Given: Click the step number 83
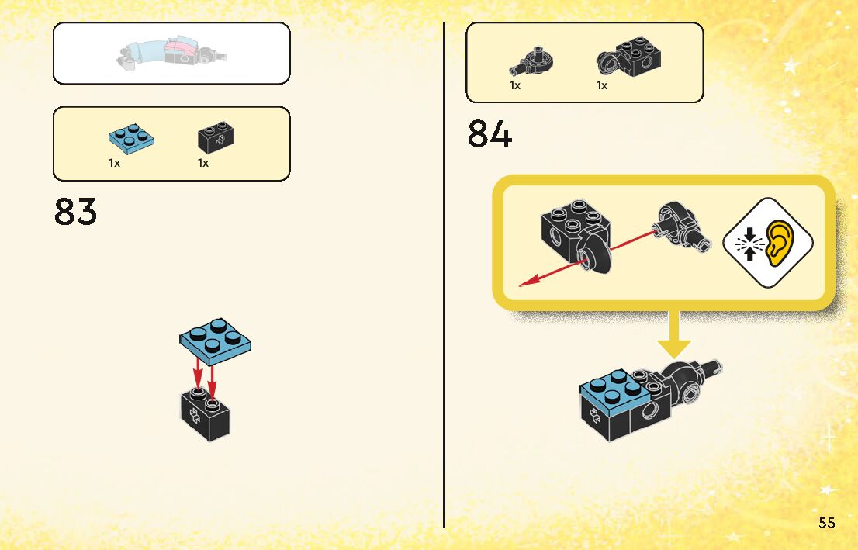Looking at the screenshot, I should point(76,211).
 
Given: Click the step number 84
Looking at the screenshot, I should point(490,134).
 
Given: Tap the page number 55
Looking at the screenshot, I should point(826,523).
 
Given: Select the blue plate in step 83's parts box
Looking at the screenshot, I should point(130,137).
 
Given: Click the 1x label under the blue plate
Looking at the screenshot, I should point(114,164).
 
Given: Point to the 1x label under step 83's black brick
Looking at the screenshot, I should point(203,164).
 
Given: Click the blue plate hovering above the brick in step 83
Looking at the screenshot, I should point(216,341).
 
